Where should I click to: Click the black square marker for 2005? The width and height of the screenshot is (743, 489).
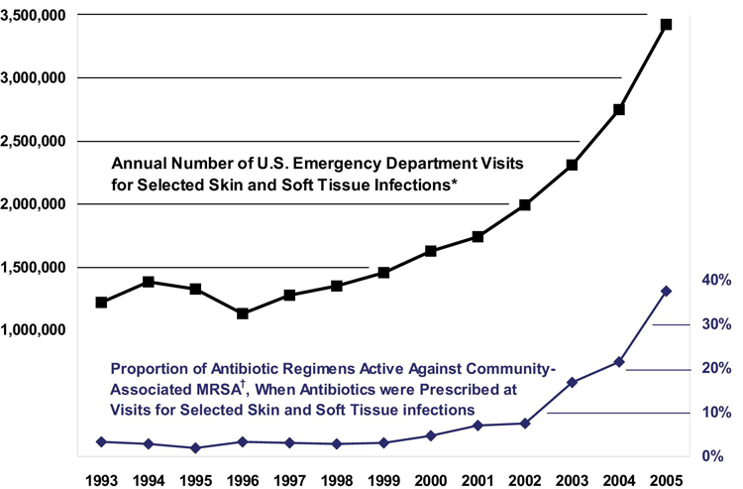point(666,25)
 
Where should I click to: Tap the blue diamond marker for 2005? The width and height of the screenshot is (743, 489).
point(666,291)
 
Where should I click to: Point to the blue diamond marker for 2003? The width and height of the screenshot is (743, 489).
point(572,382)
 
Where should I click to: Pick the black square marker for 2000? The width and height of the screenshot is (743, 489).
point(431,251)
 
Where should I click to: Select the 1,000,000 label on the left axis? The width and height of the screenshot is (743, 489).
point(40,330)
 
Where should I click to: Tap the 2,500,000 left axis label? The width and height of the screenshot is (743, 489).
point(40,141)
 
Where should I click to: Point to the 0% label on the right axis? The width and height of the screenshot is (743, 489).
point(715,456)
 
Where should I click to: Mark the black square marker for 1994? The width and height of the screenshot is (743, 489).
point(149,282)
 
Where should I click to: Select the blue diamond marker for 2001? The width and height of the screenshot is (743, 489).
point(478,426)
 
